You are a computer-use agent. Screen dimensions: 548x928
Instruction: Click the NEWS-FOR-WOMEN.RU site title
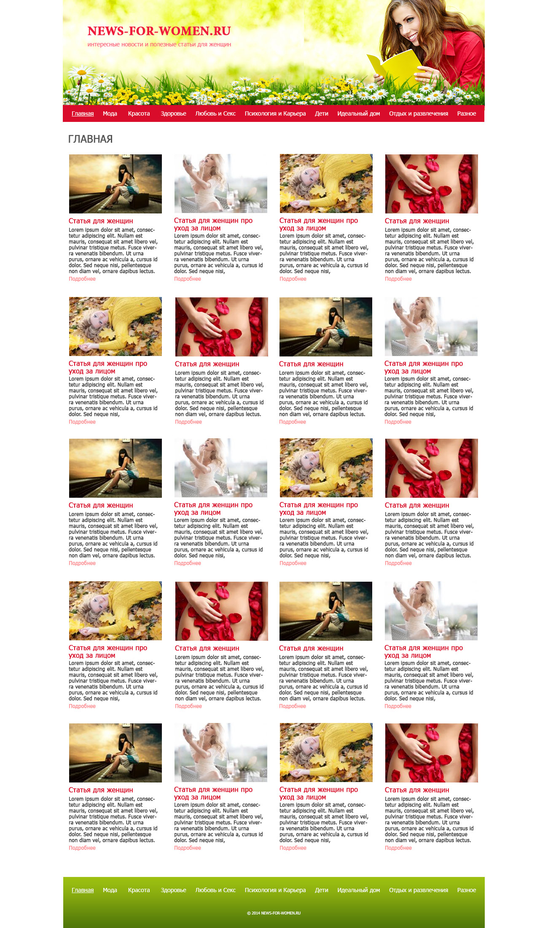(159, 31)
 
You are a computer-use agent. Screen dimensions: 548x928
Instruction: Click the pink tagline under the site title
(159, 44)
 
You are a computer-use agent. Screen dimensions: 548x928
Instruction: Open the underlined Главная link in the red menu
(83, 113)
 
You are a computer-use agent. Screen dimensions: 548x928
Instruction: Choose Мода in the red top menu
(110, 113)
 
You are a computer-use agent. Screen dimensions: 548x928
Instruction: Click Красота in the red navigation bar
(139, 113)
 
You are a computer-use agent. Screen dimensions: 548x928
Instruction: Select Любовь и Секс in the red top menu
(215, 113)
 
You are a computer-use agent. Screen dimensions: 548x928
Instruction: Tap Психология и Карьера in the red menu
(275, 113)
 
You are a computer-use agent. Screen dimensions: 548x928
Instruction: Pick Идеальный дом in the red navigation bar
(359, 113)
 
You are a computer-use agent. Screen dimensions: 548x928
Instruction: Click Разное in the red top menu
(467, 113)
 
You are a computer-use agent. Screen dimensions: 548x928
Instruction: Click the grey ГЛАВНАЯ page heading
(90, 139)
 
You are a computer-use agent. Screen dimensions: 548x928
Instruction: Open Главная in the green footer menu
(83, 890)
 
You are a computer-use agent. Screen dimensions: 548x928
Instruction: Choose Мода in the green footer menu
(110, 890)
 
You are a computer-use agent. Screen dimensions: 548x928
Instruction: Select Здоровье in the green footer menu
(173, 890)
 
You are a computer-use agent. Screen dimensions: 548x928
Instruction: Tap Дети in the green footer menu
(322, 890)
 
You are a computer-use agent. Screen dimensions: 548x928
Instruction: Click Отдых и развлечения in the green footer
(419, 890)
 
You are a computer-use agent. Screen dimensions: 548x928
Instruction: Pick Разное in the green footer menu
(467, 890)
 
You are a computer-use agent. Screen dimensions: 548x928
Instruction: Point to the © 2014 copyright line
(274, 913)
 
